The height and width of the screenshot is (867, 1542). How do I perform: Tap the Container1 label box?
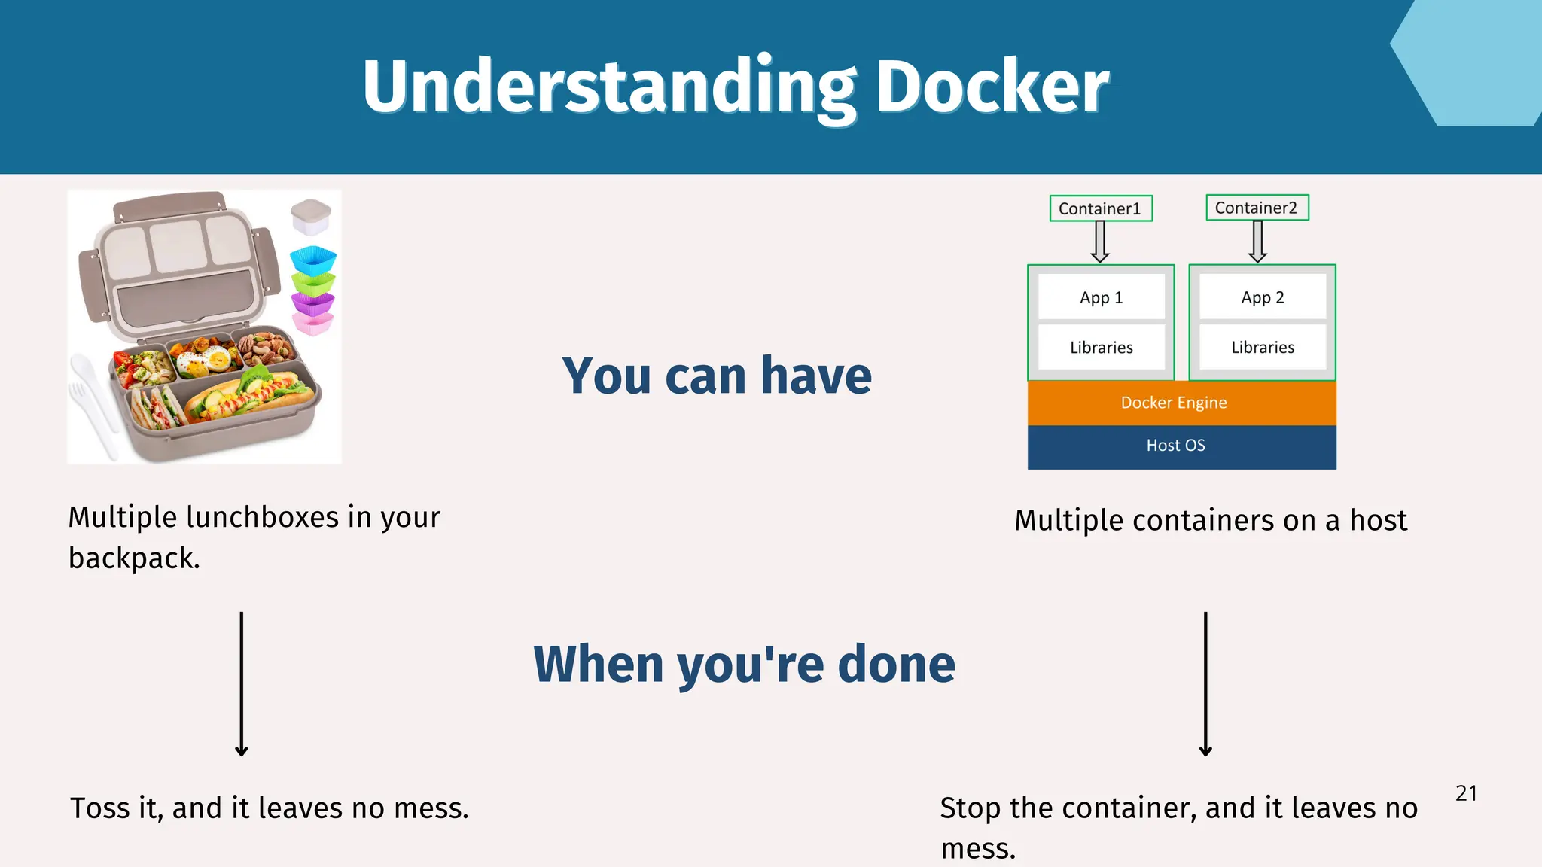(1100, 208)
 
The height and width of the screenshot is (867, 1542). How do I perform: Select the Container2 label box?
(1257, 208)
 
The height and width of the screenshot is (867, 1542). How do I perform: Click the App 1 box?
(1101, 297)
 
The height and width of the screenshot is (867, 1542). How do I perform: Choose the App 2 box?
(1263, 297)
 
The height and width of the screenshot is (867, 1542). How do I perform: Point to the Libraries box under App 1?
(1101, 347)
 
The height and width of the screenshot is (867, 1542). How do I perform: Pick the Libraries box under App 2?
(1263, 347)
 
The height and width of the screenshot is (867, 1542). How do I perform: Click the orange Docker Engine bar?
(1181, 403)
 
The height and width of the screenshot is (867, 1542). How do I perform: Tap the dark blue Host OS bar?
(1181, 446)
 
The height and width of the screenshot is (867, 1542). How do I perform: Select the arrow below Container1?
(1100, 242)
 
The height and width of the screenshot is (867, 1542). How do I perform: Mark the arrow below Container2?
(1257, 242)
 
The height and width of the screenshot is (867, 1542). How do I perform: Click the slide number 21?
(1466, 793)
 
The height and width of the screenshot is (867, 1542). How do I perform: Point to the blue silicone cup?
(313, 260)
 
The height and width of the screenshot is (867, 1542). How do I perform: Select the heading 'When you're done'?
(744, 664)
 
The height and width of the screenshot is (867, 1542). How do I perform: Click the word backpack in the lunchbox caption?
(133, 558)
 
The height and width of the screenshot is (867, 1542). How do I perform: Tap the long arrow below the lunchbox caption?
(242, 683)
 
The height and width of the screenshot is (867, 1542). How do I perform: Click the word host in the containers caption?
(1378, 520)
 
